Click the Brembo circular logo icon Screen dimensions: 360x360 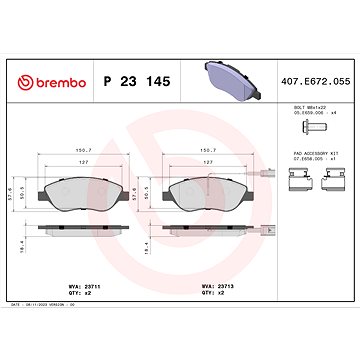coord(19,55)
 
